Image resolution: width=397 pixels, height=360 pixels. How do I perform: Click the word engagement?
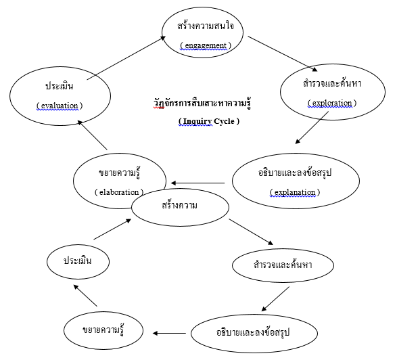click(x=206, y=45)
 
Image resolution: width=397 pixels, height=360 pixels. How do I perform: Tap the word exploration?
click(x=332, y=103)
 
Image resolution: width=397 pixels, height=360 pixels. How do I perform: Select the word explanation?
click(x=295, y=192)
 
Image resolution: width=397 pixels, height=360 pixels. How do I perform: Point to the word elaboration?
click(x=119, y=192)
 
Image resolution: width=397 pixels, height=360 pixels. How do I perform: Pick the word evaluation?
click(x=60, y=106)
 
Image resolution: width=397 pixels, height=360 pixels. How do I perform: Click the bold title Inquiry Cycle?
click(x=208, y=121)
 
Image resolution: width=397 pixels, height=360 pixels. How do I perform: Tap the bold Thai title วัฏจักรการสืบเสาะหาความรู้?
click(x=202, y=104)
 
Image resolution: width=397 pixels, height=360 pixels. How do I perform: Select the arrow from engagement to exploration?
click(x=283, y=53)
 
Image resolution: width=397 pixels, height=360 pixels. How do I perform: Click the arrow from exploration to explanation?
click(x=312, y=128)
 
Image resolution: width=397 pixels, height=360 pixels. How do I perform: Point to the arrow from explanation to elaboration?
click(x=197, y=183)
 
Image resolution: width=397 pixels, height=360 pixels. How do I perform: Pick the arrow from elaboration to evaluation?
click(x=93, y=135)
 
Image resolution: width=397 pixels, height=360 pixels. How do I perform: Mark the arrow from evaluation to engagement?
click(x=126, y=58)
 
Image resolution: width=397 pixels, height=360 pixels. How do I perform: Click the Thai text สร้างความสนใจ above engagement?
click(x=206, y=26)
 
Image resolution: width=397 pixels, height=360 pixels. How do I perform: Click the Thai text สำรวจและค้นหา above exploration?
click(x=332, y=84)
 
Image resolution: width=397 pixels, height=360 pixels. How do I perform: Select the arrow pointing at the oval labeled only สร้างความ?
click(x=112, y=229)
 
